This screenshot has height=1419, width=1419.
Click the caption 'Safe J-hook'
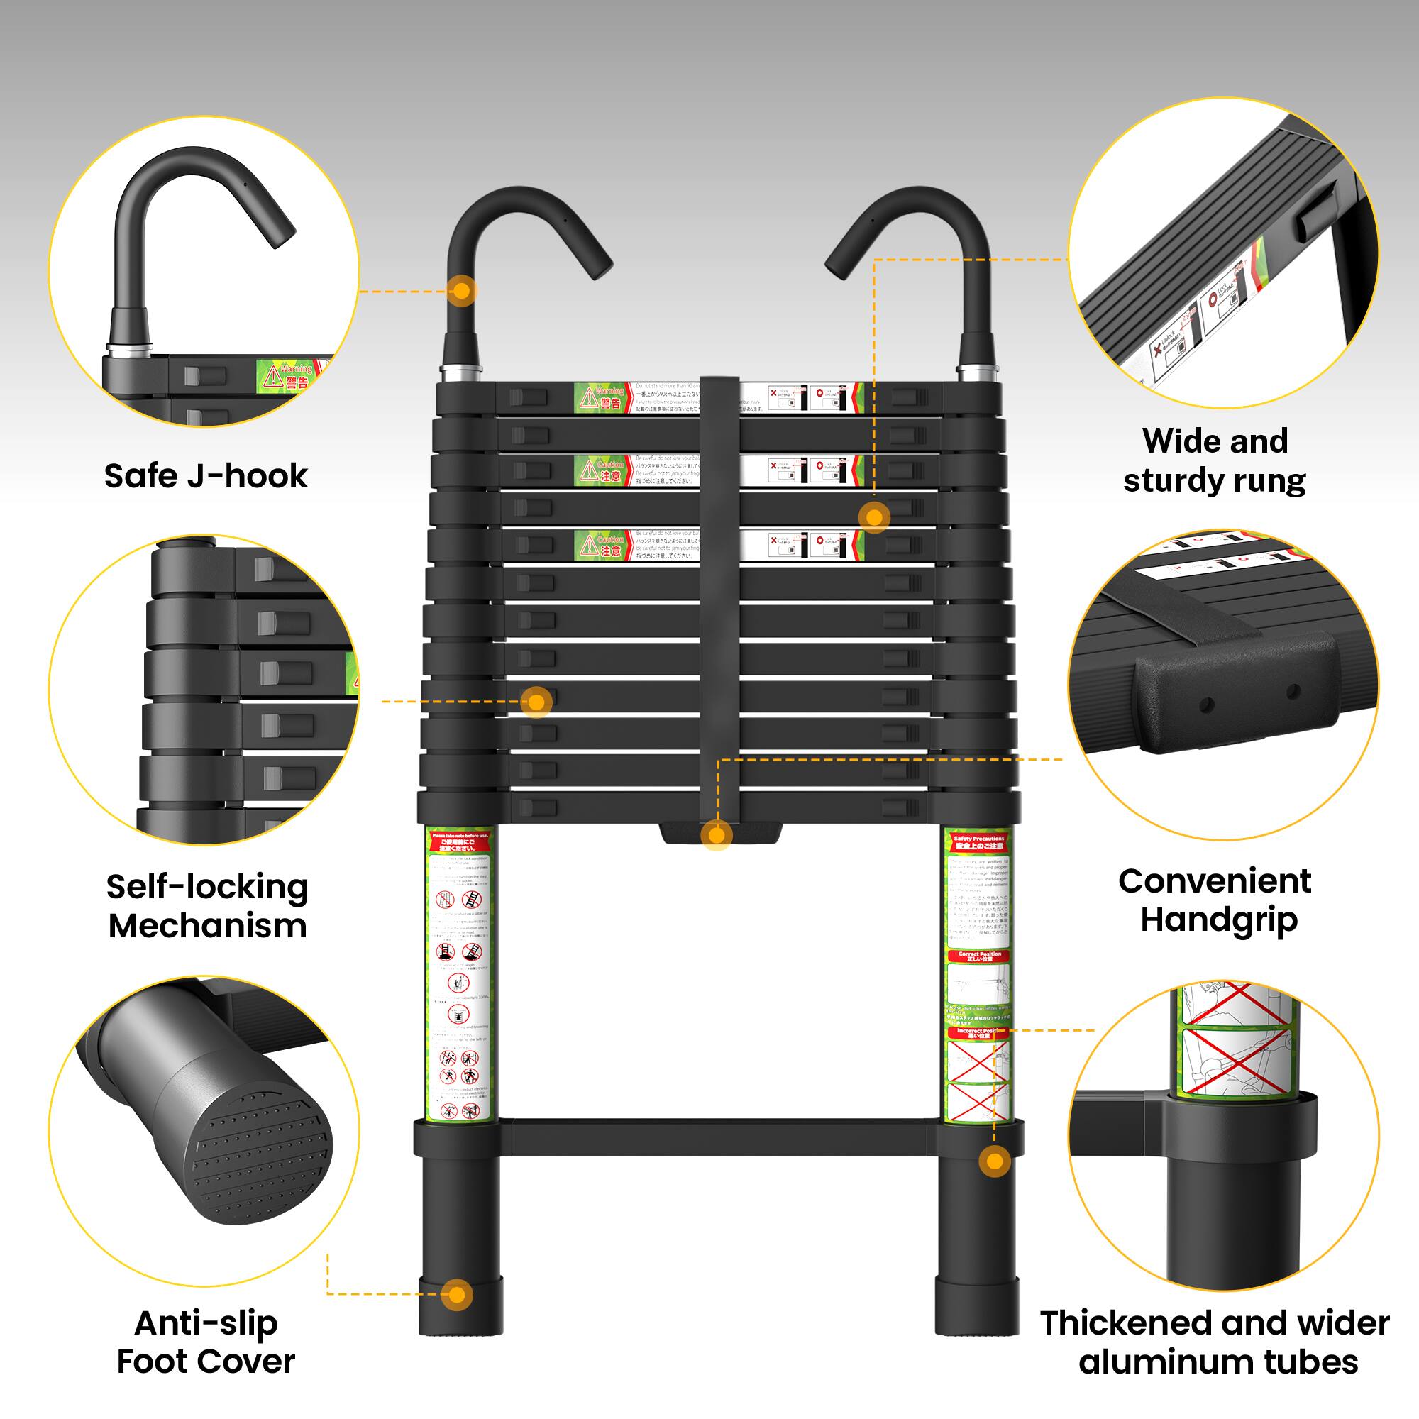pos(206,476)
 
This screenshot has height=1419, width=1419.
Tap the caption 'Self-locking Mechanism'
pos(207,905)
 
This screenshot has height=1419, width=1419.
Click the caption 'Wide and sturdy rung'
pos(1215,460)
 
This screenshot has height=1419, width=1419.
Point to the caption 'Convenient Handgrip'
pos(1215,900)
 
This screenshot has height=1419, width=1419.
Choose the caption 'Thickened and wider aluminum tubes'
pos(1215,1342)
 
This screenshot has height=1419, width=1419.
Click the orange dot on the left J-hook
pos(461,291)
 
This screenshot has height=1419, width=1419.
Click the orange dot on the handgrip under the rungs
pos(716,835)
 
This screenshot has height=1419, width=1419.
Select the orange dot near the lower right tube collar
pos(995,1161)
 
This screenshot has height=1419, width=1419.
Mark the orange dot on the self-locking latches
pos(536,702)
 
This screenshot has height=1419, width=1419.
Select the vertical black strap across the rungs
pos(719,587)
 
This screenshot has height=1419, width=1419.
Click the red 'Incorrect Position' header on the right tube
pos(980,1032)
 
